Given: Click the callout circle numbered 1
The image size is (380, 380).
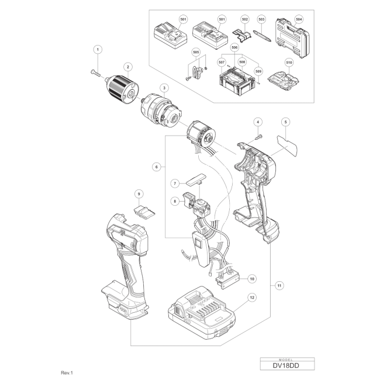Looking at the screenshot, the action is point(98,50).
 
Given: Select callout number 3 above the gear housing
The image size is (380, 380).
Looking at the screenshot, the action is point(164,88).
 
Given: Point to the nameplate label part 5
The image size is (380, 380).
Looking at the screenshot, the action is point(287,146).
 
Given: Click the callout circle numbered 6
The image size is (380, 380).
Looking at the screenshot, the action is point(157,167).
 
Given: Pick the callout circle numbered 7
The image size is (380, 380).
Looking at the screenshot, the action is point(175,184).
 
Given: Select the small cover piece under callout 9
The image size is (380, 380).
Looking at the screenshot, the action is point(144,212).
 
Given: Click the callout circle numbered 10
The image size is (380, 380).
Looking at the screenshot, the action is point(252,279).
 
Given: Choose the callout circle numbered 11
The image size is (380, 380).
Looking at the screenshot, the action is point(279,286).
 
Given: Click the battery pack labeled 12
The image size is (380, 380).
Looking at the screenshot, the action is point(201,313).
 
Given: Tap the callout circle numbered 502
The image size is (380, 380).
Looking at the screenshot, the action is point(245,19).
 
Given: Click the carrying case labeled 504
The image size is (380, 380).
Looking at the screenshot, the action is point(292,38).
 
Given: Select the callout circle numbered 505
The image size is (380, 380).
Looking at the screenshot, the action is point(196,52).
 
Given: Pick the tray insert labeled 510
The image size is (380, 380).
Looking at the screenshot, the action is point(284,80).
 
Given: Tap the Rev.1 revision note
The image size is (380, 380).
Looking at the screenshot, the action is point(67,373).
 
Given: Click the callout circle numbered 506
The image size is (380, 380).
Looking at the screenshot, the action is point(234,48).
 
